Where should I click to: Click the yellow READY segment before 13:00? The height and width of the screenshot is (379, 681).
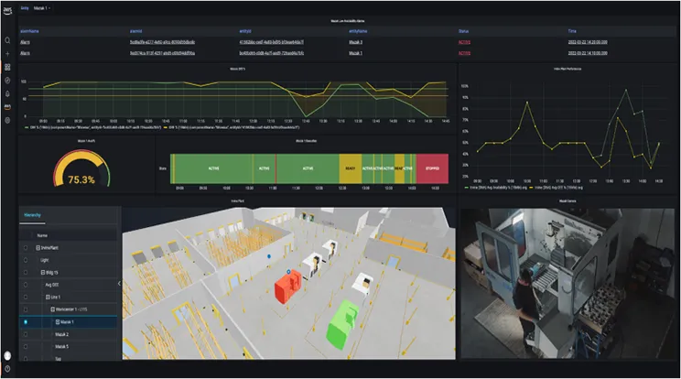pos(349,168)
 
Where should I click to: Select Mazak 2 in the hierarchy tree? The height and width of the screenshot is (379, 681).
pos(61,334)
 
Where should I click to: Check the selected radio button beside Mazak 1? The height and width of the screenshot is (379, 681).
pos(26,322)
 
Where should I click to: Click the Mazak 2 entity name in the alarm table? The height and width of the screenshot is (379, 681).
pos(362,42)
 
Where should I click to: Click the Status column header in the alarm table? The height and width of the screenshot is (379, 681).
pos(464,30)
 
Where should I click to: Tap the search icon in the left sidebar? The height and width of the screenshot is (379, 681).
pos(7,40)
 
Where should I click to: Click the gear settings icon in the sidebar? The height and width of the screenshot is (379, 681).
pos(7,120)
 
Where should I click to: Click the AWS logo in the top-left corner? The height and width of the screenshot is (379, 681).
pos(7,8)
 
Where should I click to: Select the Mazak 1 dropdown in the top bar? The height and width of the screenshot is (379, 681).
pos(42,7)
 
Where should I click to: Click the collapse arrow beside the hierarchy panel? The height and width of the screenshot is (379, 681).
pos(119,284)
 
